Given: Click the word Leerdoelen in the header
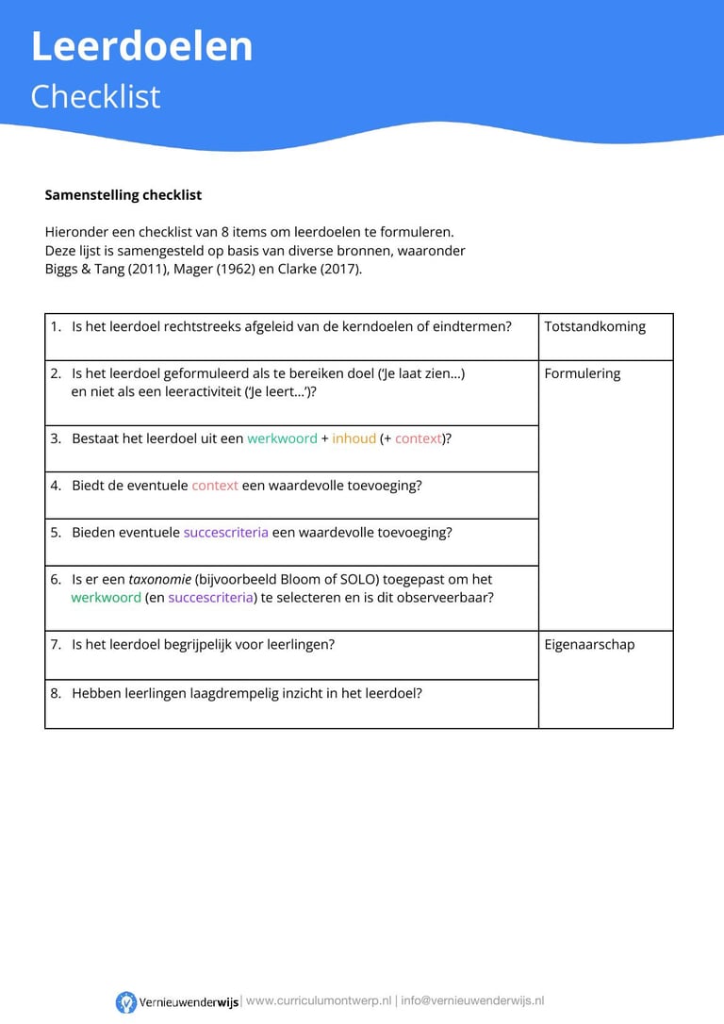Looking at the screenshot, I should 141,47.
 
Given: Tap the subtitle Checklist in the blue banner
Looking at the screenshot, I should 95,96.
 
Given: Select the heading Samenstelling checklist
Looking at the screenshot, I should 123,195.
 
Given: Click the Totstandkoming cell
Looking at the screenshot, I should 595,326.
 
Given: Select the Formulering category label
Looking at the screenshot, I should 582,373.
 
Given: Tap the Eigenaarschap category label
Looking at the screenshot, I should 589,645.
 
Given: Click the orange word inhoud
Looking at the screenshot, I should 354,438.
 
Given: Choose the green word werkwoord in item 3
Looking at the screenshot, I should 282,438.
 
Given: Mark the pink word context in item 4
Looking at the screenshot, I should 215,486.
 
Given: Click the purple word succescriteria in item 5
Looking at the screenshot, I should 225,533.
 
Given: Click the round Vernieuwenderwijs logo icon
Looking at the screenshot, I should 126,1002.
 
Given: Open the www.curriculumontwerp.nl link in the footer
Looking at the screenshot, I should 319,1001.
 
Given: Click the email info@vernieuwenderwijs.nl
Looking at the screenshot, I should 472,1001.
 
